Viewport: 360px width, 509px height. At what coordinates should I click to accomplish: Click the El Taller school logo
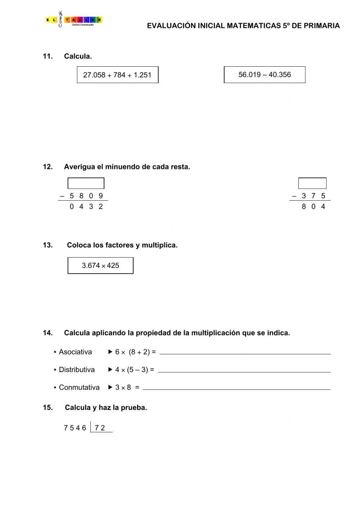73,20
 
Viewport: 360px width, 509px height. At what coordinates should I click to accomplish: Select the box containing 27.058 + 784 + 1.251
117,75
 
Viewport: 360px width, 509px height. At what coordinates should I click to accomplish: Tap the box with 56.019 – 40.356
265,75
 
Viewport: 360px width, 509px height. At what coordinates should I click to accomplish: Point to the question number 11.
48,56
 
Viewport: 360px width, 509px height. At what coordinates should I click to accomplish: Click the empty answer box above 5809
86,183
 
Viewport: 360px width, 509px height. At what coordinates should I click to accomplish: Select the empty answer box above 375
312,183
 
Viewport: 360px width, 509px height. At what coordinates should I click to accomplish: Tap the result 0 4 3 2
86,206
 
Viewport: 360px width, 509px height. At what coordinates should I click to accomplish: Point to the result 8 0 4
313,206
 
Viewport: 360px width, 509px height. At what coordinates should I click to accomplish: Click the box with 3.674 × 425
100,265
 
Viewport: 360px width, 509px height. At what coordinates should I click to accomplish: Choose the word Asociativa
75,352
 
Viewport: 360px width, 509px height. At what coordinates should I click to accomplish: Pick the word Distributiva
77,370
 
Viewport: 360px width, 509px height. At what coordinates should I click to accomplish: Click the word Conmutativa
79,387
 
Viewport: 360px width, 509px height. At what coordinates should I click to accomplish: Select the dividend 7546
75,428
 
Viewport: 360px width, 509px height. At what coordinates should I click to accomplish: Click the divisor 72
100,428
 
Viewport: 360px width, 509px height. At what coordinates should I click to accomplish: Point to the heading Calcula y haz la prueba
106,407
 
